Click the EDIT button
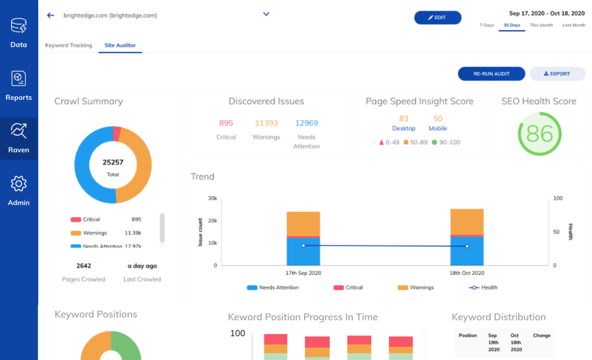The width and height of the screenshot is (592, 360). tap(437, 18)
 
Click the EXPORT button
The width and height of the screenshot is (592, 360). tap(557, 74)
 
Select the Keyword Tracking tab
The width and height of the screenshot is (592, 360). tap(68, 46)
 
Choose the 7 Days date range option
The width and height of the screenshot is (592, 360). tap(487, 25)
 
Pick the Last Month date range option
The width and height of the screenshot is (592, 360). tap(573, 25)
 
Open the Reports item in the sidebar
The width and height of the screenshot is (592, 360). tap(18, 86)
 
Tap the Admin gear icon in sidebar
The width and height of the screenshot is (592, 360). tap(18, 184)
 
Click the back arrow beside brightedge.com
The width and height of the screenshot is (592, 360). tap(51, 15)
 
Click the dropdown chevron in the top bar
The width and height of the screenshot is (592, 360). tap(266, 14)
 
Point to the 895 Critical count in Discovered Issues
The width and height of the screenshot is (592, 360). tap(226, 123)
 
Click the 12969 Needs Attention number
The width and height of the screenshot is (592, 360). tap(306, 123)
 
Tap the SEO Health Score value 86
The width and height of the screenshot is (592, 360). tap(540, 134)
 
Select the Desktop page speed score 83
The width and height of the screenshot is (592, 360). tap(404, 119)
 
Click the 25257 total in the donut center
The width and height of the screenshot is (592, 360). tap(112, 162)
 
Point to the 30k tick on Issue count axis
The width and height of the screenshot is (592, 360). tap(212, 198)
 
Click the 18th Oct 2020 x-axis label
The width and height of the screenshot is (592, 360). tap(467, 273)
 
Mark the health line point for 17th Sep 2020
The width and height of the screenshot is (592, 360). tap(303, 245)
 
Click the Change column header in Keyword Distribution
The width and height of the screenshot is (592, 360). tap(541, 336)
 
